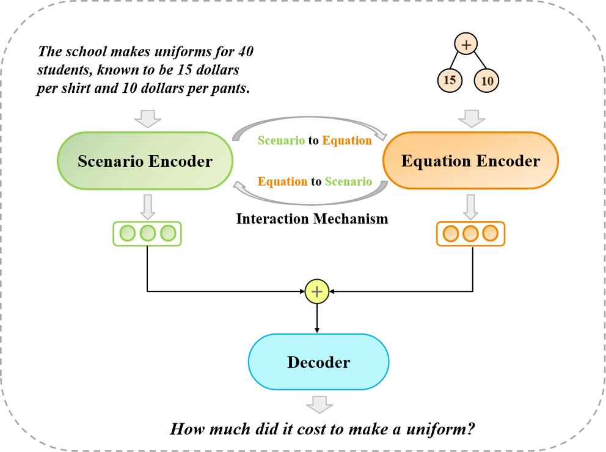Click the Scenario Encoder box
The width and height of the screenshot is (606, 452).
145,161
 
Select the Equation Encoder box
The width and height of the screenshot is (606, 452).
470,161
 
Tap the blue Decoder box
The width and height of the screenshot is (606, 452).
318,362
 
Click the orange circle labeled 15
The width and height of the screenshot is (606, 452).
450,80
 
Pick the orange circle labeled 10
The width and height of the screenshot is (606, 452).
487,81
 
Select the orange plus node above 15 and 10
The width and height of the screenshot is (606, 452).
465,44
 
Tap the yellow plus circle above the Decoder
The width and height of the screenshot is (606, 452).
317,292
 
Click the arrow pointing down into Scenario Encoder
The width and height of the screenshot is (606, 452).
148,118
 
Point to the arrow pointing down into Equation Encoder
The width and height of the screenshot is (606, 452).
472,118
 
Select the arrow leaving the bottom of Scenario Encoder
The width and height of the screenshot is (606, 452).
148,207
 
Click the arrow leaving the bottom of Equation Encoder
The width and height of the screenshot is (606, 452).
470,207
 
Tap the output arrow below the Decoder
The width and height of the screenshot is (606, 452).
319,404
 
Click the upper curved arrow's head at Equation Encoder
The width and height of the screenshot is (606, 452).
383,136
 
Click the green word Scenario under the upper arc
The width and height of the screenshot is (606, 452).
281,140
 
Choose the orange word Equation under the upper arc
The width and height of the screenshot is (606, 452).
347,140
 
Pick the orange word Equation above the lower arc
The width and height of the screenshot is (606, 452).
282,181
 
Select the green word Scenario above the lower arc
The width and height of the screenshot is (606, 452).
348,181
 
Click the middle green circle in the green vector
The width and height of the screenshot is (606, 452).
148,233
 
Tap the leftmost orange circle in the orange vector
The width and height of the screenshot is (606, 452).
450,233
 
